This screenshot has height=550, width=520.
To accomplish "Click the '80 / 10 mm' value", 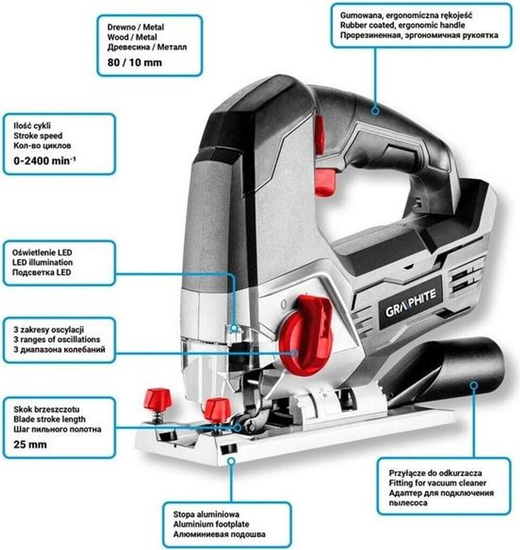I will tap(129, 62).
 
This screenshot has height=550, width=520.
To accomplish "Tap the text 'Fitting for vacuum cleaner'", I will tap(437, 483).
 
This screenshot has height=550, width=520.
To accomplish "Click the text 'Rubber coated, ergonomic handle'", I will tap(402, 25).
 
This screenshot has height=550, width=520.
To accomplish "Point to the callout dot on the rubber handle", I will tap(375, 111).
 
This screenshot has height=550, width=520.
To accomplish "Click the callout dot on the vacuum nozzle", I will tap(473, 385).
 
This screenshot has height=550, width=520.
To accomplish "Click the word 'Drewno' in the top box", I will tap(111, 27).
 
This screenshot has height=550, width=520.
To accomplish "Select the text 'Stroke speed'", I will tap(38, 136).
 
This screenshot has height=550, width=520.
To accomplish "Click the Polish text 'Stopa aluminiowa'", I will tap(207, 514).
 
